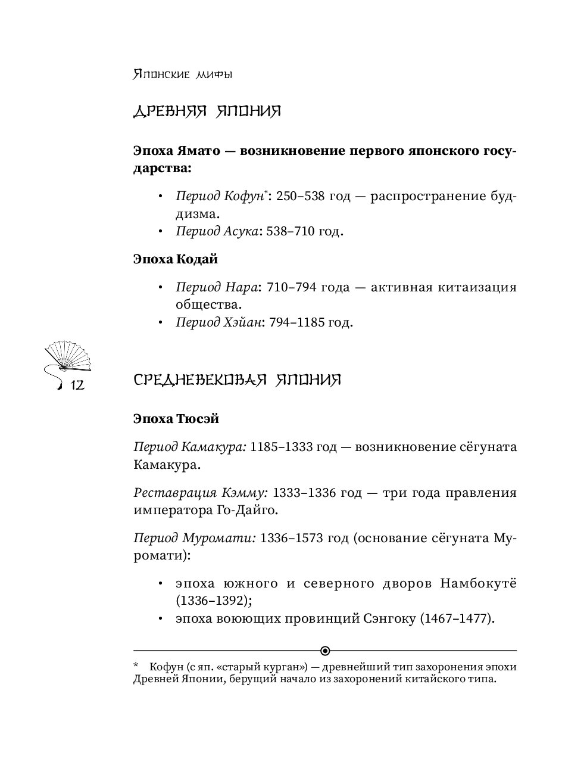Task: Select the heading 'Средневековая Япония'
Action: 237,380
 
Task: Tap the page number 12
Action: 77,387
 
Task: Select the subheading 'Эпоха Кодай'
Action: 176,259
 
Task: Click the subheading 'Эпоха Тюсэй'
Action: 176,418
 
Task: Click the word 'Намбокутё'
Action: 478,583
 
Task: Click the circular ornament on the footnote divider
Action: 325,650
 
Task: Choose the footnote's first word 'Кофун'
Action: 164,667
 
